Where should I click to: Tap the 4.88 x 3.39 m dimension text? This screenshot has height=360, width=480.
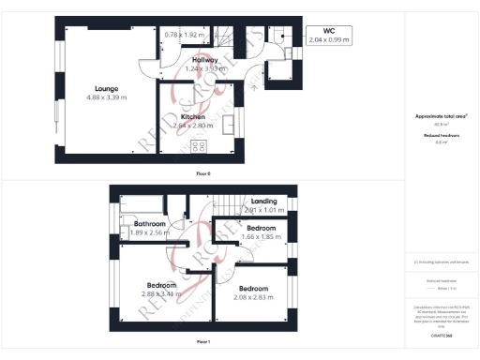click(106, 97)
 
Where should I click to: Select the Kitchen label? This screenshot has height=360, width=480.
click(195, 117)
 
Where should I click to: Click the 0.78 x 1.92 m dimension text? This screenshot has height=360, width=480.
click(184, 35)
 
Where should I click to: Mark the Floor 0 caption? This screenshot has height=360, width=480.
click(203, 174)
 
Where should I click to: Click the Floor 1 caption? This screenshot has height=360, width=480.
click(203, 342)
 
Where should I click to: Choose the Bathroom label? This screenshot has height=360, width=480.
click(149, 224)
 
